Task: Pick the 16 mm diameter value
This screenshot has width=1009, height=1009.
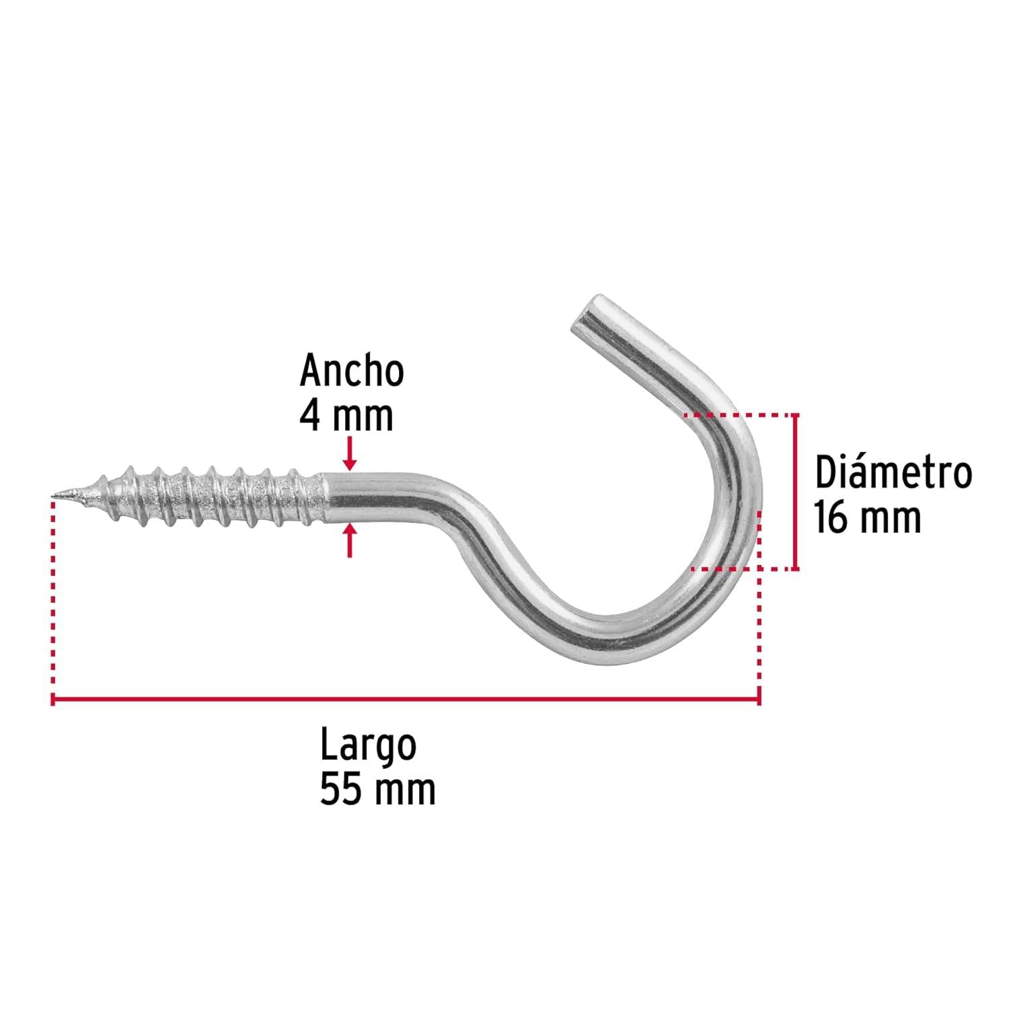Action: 868,518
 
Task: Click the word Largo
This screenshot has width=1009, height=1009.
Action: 368,745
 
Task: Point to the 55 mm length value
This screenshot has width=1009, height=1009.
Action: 377,789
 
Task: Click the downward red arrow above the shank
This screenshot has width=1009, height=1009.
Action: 349,453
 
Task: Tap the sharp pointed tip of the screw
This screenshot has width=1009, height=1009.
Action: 54,498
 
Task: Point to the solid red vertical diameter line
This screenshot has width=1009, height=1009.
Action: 796,492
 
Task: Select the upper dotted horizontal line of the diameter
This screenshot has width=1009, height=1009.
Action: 738,416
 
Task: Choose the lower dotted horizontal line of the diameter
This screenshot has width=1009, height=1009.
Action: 742,569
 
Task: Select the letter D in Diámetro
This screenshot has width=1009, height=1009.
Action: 824,474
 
